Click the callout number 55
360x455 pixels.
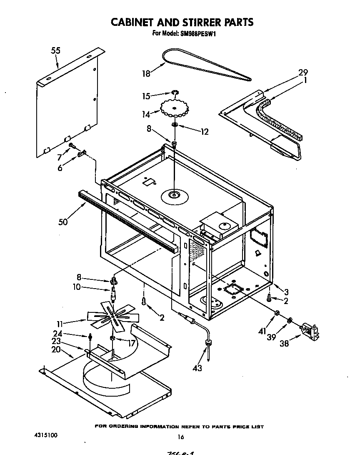55,50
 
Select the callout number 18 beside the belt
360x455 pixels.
145,74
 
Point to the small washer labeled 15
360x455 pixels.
175,93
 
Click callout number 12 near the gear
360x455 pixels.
204,132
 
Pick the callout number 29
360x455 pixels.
303,72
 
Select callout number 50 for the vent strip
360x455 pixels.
63,222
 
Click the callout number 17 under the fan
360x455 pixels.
132,344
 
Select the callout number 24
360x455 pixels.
58,333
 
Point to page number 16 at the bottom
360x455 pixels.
180,437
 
